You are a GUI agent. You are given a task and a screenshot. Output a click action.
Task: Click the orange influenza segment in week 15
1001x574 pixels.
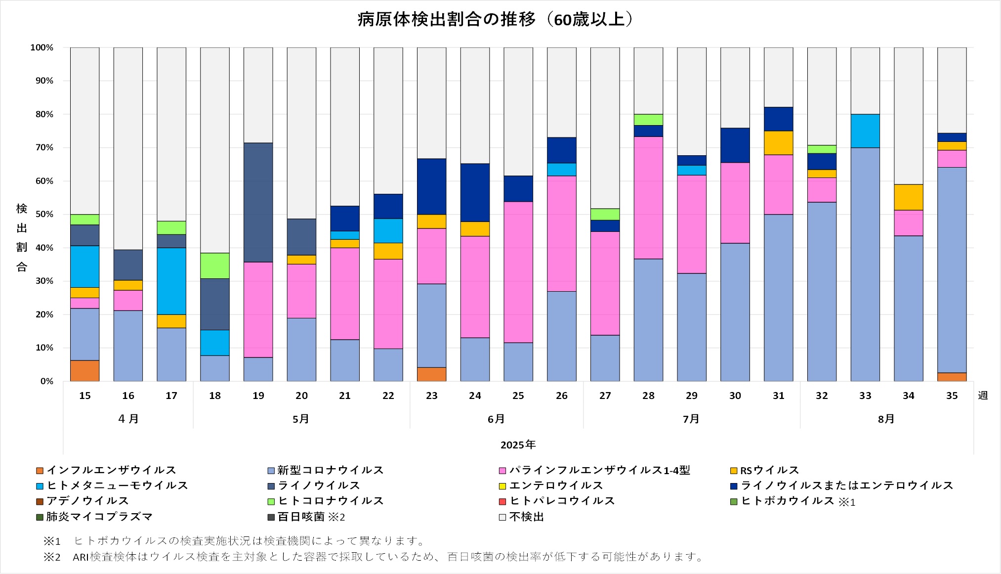(x=84, y=371)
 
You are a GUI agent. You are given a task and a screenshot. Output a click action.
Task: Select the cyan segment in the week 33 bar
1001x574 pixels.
(x=865, y=131)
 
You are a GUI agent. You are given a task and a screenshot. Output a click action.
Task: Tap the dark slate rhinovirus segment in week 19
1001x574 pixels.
(x=258, y=202)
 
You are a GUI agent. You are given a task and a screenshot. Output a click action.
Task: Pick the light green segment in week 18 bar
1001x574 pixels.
(x=214, y=265)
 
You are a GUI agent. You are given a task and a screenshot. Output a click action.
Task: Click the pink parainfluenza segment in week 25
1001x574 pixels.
(x=518, y=272)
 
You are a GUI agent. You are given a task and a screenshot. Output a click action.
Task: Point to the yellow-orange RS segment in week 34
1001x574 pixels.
(x=908, y=197)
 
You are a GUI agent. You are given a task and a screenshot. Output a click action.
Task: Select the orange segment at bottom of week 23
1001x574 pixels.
(x=431, y=374)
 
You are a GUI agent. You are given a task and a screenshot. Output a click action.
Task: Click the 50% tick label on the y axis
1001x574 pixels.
(x=43, y=215)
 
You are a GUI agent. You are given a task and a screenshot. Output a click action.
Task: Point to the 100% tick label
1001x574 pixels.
(x=42, y=47)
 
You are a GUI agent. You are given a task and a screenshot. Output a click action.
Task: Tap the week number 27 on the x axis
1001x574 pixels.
(x=605, y=396)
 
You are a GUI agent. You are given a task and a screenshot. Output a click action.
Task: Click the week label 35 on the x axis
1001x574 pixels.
(x=952, y=396)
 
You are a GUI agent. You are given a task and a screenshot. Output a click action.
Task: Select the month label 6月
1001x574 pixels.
(x=496, y=419)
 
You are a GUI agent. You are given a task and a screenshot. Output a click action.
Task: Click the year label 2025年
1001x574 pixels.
(x=518, y=445)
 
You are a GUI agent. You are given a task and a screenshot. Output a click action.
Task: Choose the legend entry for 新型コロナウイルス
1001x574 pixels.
(x=330, y=470)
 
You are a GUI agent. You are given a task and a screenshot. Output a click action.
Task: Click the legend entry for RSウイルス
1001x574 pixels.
(x=769, y=470)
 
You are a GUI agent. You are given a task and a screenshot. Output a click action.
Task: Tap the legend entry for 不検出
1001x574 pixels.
(x=526, y=517)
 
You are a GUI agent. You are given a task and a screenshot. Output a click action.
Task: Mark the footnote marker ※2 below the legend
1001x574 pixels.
(x=51, y=557)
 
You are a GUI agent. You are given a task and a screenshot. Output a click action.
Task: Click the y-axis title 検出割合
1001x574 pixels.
(x=22, y=237)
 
